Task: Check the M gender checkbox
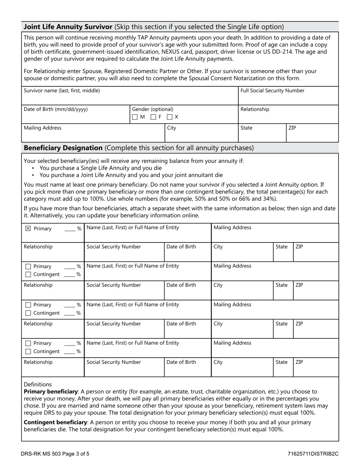click(135, 117)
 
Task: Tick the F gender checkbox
click(153, 117)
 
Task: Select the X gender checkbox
click(170, 117)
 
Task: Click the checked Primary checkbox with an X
click(28, 228)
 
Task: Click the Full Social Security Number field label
click(272, 91)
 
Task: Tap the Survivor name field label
click(62, 91)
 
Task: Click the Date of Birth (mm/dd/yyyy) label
click(55, 109)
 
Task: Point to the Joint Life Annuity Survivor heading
click(68, 27)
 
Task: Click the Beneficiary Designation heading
click(63, 148)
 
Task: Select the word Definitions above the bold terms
click(38, 384)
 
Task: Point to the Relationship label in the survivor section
click(255, 109)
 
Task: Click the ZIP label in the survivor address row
click(292, 128)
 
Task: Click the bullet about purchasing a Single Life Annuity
click(100, 168)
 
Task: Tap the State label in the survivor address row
click(246, 128)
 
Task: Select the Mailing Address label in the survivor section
click(42, 128)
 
